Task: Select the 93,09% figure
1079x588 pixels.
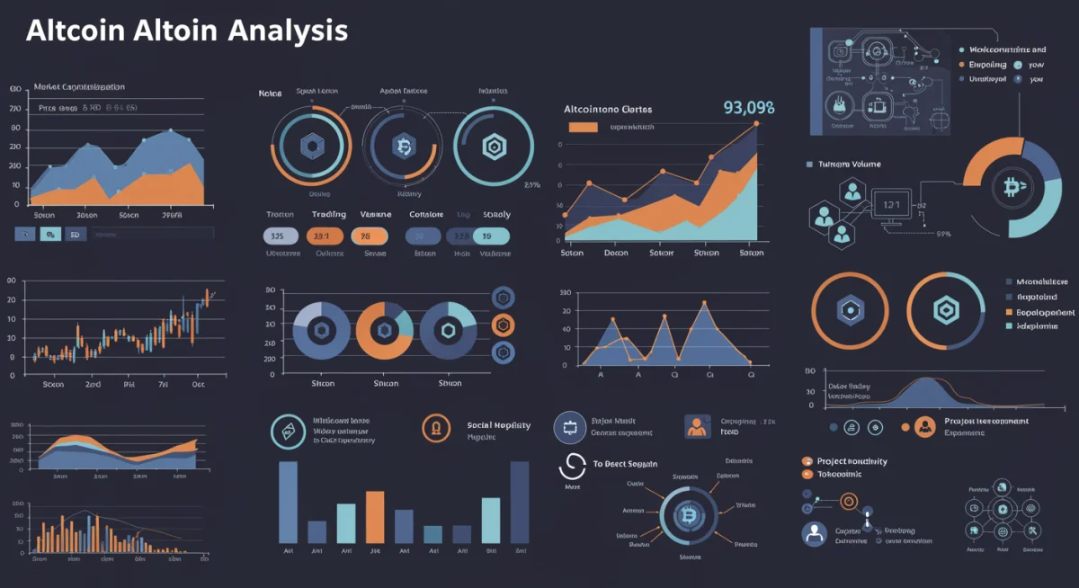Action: click(748, 108)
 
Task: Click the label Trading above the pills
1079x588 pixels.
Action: click(328, 215)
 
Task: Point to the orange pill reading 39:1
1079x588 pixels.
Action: click(322, 236)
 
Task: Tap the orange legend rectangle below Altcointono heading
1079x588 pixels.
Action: click(583, 127)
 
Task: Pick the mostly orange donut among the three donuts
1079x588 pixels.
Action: click(384, 331)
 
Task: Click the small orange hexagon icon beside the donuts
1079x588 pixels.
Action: click(504, 325)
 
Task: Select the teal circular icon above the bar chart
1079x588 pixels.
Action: click(289, 432)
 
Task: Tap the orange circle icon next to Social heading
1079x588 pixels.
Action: click(437, 430)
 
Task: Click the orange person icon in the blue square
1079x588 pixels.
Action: click(697, 427)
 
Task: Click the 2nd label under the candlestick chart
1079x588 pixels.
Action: click(94, 384)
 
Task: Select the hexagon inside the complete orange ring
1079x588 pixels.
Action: click(850, 311)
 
